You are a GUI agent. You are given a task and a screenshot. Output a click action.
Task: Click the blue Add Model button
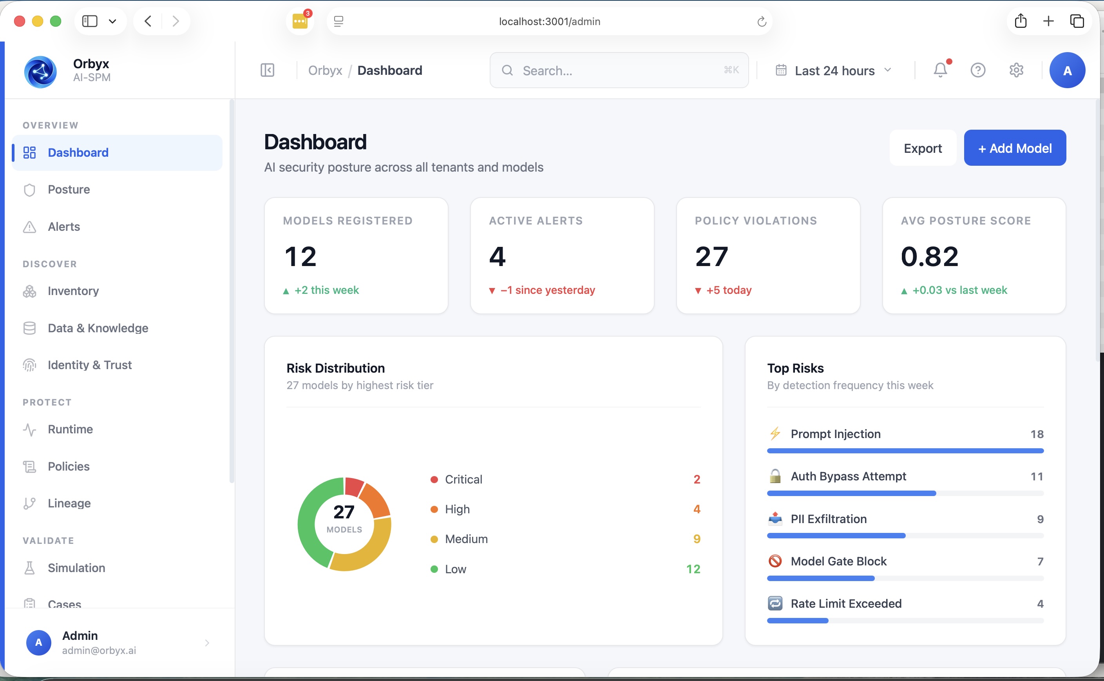coord(1014,148)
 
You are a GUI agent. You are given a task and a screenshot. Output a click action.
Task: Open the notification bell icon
coord(940,70)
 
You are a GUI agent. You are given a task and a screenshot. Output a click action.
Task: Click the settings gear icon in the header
coord(1016,70)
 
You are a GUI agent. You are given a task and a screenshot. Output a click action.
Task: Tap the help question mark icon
coord(977,70)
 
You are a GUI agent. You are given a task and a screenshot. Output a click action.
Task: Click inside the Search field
coord(619,70)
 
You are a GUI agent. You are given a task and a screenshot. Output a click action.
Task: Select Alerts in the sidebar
coord(63,226)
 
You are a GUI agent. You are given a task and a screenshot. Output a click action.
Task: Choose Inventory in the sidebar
coord(73,291)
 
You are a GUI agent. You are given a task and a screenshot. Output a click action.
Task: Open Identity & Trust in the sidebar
coord(90,365)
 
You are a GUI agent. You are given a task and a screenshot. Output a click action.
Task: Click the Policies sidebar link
coord(69,466)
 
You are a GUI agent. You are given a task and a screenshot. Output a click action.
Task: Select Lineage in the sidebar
coord(69,503)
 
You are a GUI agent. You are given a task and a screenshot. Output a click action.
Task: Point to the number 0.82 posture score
coord(929,256)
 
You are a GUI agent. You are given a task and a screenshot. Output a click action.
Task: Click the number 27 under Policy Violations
coord(711,256)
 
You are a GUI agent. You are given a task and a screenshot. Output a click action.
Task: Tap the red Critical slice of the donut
coord(353,486)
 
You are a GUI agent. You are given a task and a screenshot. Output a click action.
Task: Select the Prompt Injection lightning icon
coord(775,434)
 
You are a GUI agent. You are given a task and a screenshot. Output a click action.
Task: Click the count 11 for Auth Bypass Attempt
coord(1037,476)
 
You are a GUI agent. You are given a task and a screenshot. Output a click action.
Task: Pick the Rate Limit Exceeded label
coord(846,603)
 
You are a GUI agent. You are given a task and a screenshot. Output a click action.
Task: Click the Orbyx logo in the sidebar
coord(40,72)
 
